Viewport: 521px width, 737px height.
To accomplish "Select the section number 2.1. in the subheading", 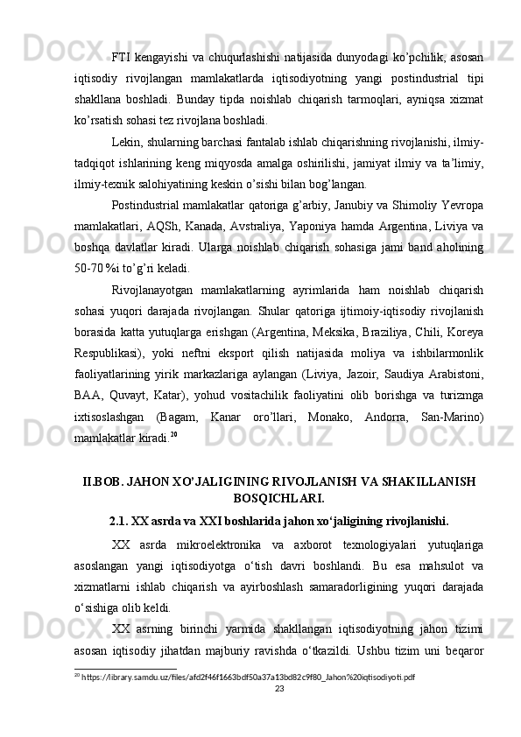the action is pos(123,523).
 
